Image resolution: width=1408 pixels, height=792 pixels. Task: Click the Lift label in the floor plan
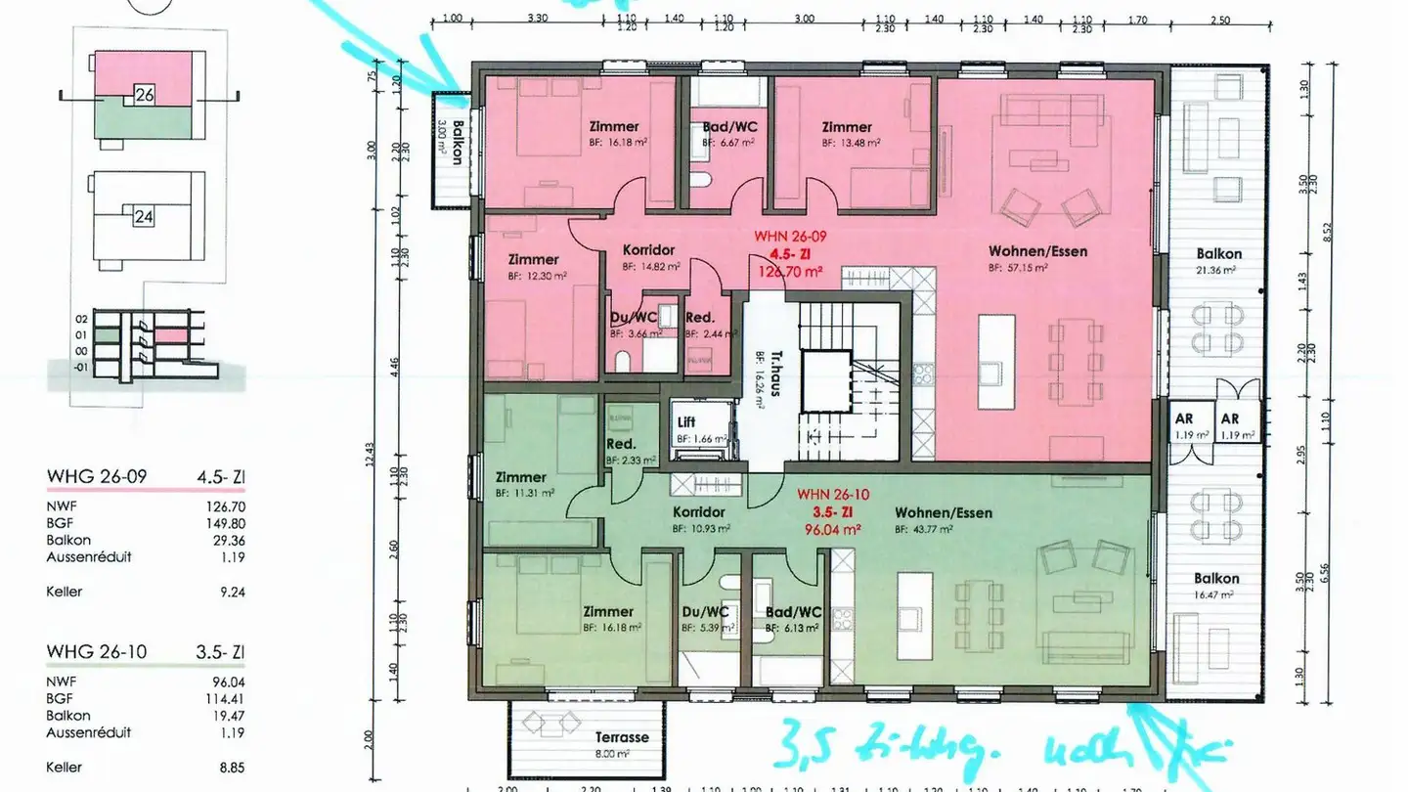point(686,422)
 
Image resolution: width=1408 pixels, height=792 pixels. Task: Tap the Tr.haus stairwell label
point(760,365)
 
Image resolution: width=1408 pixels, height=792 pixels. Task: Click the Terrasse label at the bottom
point(622,737)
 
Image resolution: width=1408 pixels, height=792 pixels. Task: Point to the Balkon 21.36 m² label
point(1217,254)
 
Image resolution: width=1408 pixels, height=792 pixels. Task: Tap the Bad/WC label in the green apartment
point(794,612)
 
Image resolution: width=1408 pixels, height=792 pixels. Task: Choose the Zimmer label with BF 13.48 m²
point(847,127)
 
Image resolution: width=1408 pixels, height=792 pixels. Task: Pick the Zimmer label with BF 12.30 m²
point(533,260)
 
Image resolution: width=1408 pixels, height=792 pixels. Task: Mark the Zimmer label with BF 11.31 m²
point(520,477)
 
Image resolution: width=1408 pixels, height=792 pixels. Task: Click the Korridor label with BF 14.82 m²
point(649,250)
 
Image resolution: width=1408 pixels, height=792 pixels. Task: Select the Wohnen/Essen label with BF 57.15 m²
point(1037,251)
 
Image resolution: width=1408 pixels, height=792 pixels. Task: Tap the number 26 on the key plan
point(145,96)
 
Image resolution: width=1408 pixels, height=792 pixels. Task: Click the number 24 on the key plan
point(144,217)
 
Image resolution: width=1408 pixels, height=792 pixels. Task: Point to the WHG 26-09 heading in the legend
point(97,477)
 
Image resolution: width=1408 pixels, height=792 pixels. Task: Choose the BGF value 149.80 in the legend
point(225,522)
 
